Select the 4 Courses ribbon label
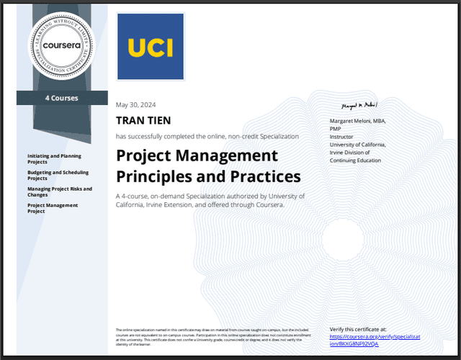click(61, 98)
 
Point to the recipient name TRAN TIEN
click(144, 121)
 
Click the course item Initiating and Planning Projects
click(54, 158)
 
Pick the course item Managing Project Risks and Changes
click(60, 192)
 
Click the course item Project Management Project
click(53, 208)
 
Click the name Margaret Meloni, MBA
click(357, 121)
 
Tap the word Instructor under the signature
click(341, 137)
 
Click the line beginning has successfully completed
click(207, 135)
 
